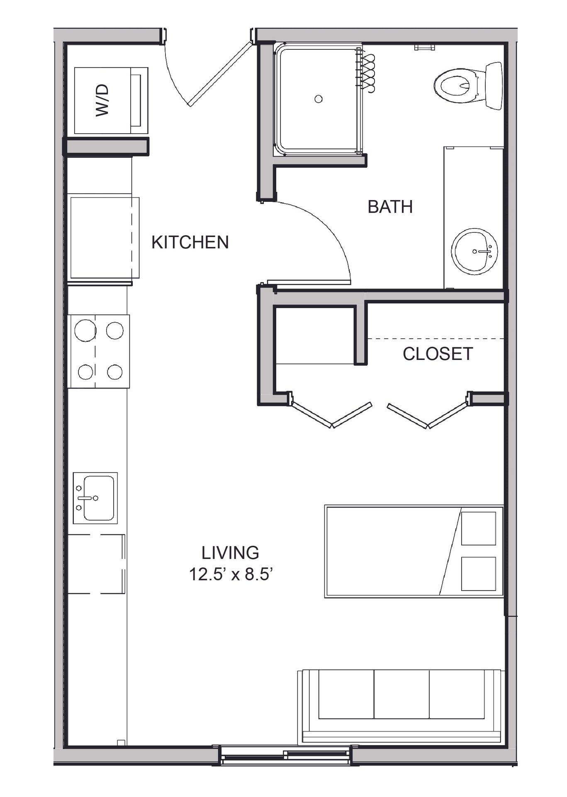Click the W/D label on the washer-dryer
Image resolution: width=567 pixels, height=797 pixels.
click(102, 100)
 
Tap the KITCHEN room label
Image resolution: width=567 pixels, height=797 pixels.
click(190, 242)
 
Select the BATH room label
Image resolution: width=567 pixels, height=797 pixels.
click(390, 207)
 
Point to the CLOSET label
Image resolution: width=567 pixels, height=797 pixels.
click(438, 354)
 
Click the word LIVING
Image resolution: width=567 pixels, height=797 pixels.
click(231, 553)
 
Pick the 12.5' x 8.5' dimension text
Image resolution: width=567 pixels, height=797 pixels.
click(231, 575)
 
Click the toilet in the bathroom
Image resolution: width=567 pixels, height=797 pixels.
click(468, 86)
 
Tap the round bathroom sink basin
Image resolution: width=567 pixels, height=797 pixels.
click(475, 251)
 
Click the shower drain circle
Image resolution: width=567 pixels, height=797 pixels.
click(319, 99)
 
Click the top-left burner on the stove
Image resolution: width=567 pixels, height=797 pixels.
click(85, 330)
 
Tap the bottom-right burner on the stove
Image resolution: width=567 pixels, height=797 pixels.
click(115, 372)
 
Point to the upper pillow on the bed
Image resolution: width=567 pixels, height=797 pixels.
click(479, 528)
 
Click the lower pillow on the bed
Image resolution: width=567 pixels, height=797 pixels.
click(479, 574)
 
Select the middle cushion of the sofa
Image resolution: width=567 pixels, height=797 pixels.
click(402, 694)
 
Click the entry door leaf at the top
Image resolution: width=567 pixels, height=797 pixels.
click(220, 73)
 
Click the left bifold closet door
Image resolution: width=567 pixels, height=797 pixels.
click(331, 414)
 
